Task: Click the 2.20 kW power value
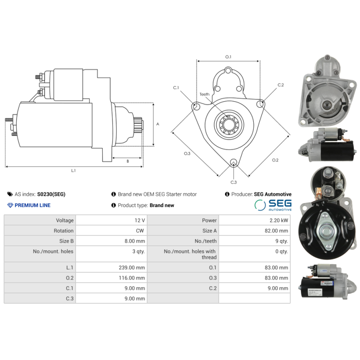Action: click(x=279, y=220)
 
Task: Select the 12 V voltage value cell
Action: click(x=139, y=220)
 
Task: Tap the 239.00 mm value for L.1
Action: click(x=133, y=267)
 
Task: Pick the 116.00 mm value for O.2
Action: click(x=133, y=278)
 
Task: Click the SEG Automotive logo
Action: click(x=273, y=205)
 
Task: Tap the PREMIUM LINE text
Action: click(x=32, y=205)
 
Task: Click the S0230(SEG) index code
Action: click(x=51, y=194)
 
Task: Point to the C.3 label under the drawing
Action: click(x=234, y=182)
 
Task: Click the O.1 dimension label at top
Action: click(x=228, y=57)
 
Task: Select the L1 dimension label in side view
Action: click(x=73, y=171)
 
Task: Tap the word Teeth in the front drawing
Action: click(x=204, y=94)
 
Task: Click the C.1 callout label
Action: click(x=176, y=87)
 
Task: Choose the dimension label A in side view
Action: click(x=157, y=124)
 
